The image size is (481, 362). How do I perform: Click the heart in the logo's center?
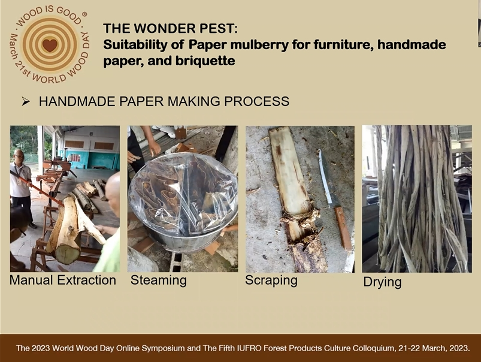coord(50,46)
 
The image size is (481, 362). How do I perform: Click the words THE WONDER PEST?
coord(170,29)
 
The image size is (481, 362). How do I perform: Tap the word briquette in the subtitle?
coord(205,61)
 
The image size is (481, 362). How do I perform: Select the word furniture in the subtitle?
coord(343,44)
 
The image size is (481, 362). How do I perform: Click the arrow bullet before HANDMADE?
coord(26,101)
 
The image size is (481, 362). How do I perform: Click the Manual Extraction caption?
coord(63,280)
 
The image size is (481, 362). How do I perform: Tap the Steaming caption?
coord(159,280)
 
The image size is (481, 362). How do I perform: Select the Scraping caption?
coord(271,280)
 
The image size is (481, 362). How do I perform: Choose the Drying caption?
coord(382,282)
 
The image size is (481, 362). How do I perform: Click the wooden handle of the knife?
coord(344,229)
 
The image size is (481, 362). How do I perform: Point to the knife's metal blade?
coord(325,177)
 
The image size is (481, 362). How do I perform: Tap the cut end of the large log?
coord(67,254)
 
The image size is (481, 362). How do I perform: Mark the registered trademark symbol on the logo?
coord(84,14)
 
